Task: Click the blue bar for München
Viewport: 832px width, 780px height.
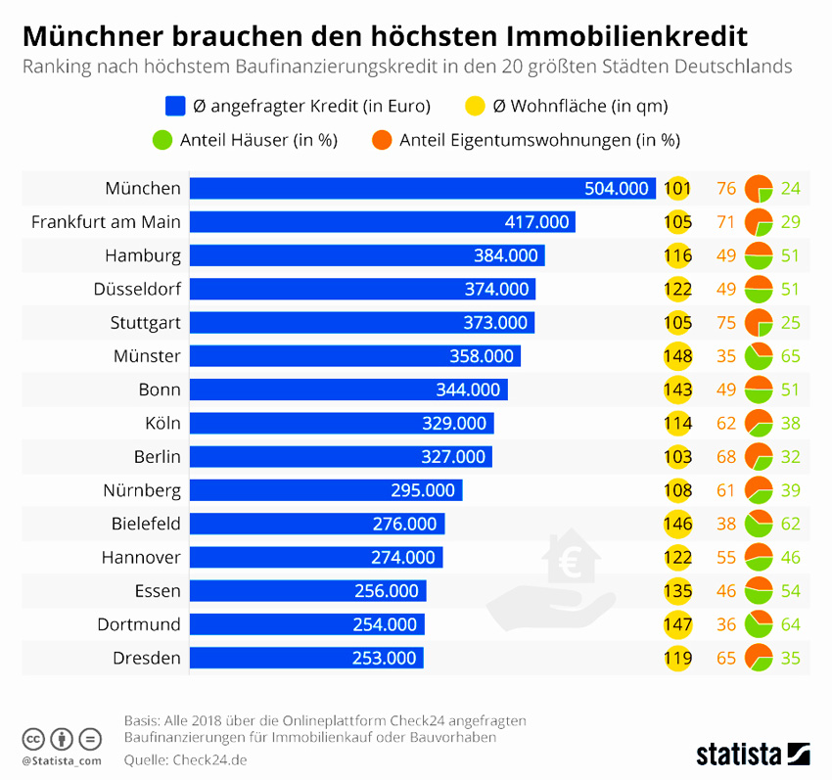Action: (x=421, y=189)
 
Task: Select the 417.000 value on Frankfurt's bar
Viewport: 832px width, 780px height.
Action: (x=536, y=222)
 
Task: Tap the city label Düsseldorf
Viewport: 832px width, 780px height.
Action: (x=137, y=289)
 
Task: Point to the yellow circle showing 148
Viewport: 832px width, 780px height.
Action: (x=677, y=355)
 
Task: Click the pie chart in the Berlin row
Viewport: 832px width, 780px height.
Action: (x=759, y=456)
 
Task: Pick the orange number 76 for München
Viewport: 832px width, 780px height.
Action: (x=725, y=189)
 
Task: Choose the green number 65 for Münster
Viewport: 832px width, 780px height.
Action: (x=791, y=355)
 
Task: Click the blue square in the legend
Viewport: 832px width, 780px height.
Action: (x=176, y=106)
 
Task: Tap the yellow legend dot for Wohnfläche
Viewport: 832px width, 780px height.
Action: (x=473, y=106)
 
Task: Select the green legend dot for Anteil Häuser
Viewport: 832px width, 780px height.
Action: (x=163, y=140)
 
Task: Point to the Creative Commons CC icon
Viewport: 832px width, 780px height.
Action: (x=33, y=738)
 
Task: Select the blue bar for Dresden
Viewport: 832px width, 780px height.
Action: (x=306, y=658)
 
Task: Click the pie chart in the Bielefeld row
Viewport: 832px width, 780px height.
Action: (x=759, y=524)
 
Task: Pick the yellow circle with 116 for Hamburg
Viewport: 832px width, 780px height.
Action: (x=677, y=255)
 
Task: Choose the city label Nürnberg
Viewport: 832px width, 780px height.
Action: (x=142, y=489)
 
